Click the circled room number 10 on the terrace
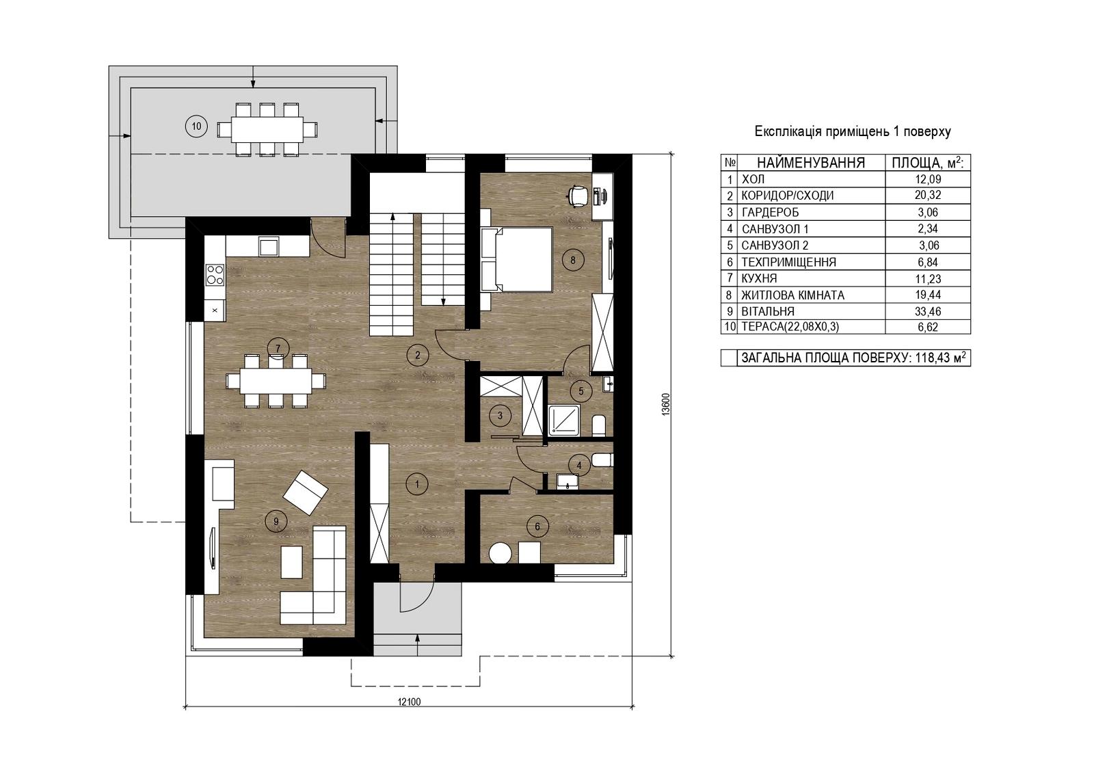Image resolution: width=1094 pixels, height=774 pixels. (196, 126)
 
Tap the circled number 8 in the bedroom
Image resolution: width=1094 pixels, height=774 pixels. (573, 260)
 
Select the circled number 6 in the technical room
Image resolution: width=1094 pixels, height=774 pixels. (537, 526)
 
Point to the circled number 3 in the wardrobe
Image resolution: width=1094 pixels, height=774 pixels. (500, 416)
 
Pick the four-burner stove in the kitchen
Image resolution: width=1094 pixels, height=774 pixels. (215, 274)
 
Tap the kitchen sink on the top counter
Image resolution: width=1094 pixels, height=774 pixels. (269, 246)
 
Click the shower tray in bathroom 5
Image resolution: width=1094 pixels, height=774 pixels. (564, 420)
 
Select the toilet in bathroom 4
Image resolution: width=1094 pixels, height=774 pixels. (602, 460)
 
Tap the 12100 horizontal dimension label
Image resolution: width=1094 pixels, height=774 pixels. (410, 702)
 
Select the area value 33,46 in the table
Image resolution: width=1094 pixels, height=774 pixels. (928, 312)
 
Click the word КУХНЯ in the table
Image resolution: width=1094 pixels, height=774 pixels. (759, 278)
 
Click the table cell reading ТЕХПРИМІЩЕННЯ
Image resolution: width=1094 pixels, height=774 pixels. (789, 263)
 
